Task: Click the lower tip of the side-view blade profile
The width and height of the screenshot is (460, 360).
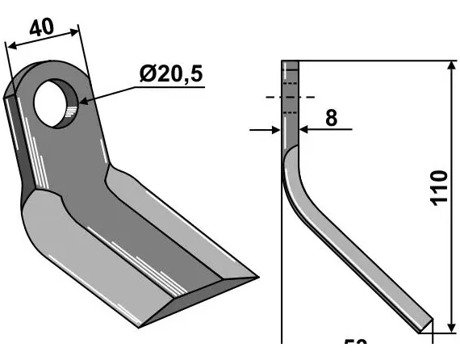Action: [x=422, y=326]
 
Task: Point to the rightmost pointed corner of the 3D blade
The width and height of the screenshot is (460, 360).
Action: [x=257, y=277]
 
